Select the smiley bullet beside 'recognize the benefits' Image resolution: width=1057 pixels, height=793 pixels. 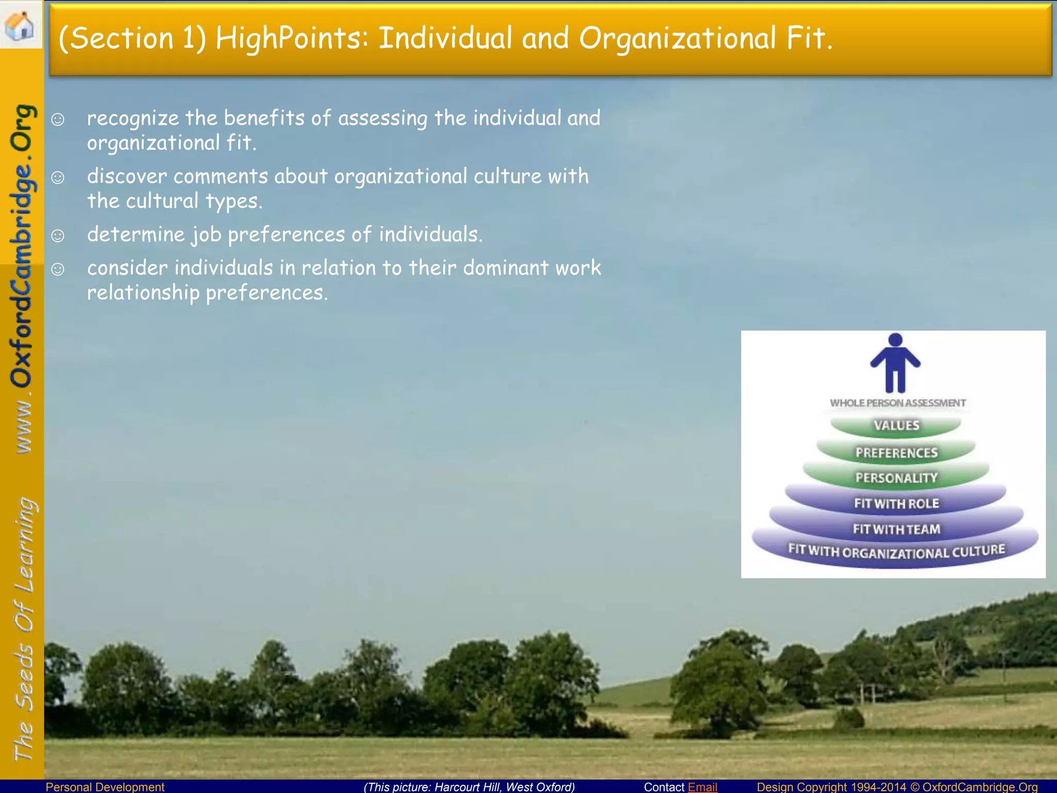pos(58,120)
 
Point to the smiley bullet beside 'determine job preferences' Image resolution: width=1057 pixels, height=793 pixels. pos(58,236)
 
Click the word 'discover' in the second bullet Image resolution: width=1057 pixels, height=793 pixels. pos(126,177)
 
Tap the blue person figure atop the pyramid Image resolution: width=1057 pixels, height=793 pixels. pos(895,363)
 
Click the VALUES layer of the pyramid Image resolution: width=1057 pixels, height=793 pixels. pos(896,425)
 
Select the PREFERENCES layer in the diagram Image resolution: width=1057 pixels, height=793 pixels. pos(896,453)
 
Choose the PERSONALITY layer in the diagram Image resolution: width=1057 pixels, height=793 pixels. pos(896,478)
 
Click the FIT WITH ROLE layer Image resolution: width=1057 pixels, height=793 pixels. pos(896,503)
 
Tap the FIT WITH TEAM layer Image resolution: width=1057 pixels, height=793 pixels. pos(896,529)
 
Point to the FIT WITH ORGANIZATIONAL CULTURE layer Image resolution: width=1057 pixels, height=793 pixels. pos(896,552)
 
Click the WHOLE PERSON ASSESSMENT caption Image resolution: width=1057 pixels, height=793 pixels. pos(898,403)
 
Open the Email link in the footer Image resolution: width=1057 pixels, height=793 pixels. pos(702,787)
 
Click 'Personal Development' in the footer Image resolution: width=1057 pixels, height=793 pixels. pos(105,787)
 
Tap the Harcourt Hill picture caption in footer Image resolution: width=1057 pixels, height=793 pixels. pos(469,787)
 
